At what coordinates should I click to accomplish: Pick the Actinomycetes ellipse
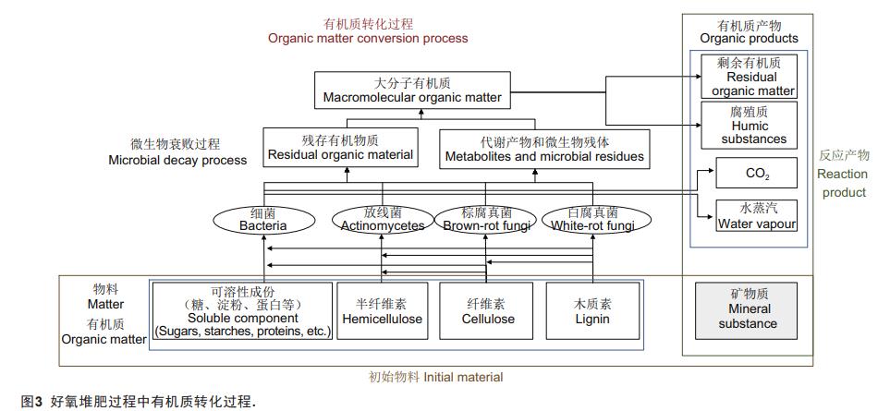[x=382, y=220]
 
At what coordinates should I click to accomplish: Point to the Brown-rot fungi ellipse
[x=486, y=220]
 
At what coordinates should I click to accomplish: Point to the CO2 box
[x=756, y=174]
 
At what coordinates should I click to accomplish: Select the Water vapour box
[x=756, y=215]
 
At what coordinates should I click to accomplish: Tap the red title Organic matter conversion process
[x=368, y=31]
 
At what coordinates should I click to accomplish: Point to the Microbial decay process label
[x=189, y=152]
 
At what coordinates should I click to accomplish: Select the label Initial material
[x=436, y=377]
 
